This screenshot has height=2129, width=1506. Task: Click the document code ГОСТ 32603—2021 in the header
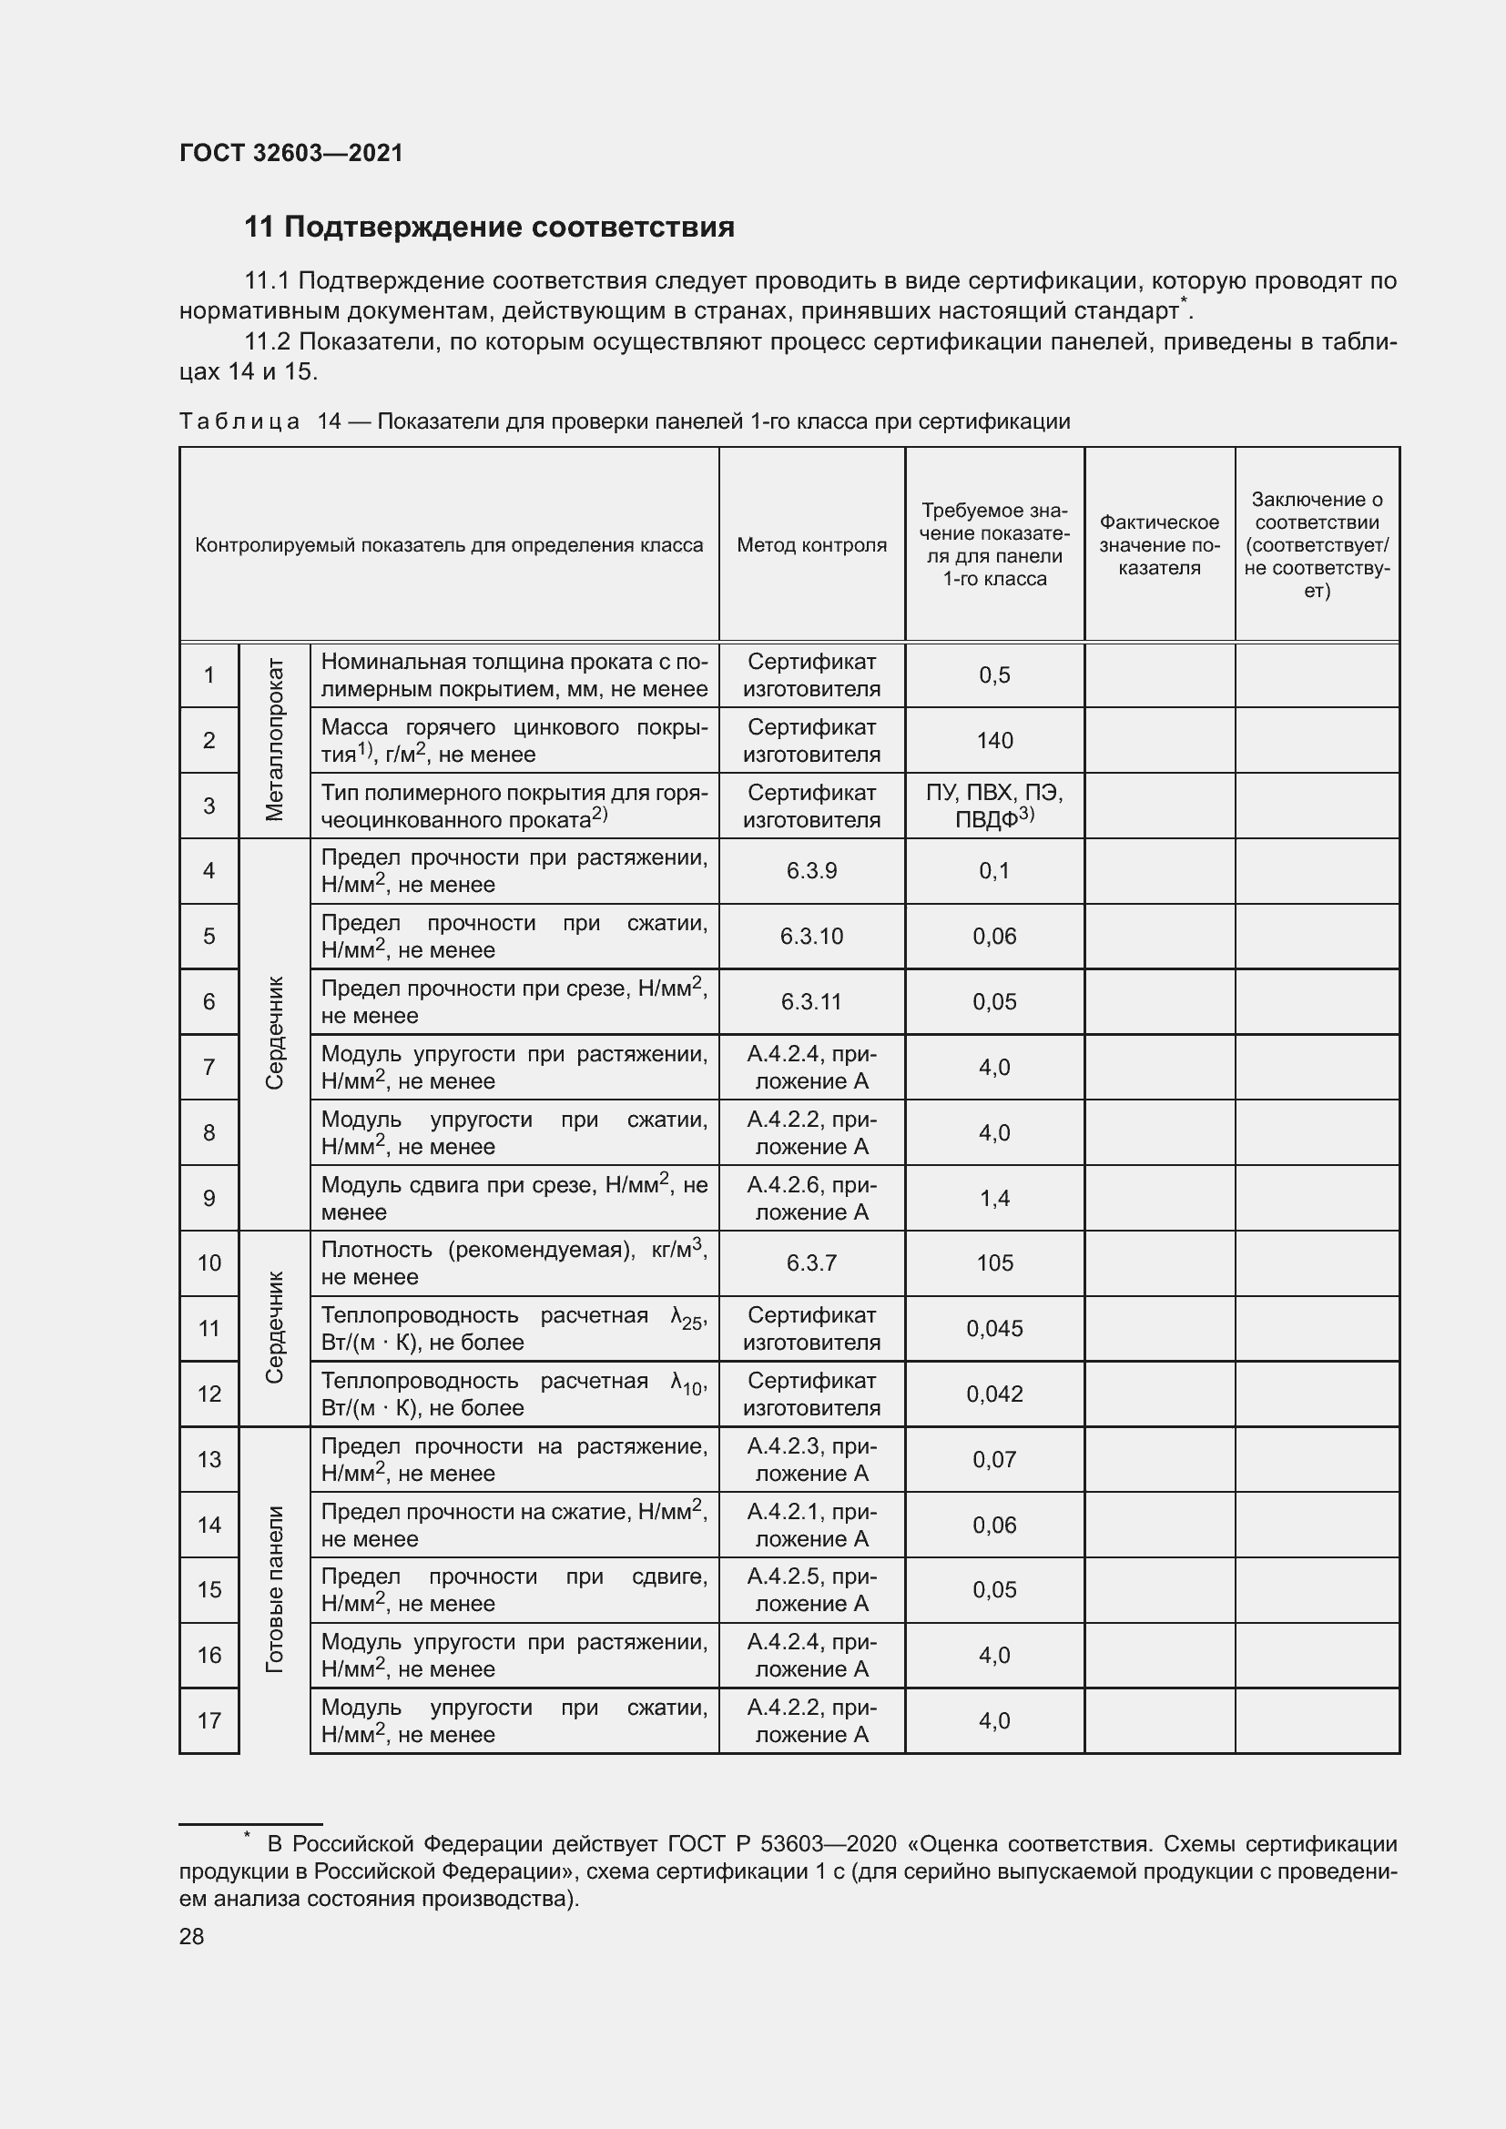pos(291,153)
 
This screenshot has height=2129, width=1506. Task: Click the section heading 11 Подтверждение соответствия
pos(489,228)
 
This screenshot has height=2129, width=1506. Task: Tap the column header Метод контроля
pos(811,545)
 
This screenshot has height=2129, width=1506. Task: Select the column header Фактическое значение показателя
pos(1159,545)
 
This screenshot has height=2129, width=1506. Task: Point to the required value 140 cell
pos(994,740)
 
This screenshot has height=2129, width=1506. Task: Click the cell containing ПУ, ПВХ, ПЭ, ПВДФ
pos(994,806)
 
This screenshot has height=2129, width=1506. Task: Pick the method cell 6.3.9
pos(811,871)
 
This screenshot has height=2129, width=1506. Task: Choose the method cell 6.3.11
pos(811,1001)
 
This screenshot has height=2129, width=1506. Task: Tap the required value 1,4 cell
pos(994,1198)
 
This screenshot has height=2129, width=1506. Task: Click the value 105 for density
pos(994,1263)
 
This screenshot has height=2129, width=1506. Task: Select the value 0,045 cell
pos(994,1329)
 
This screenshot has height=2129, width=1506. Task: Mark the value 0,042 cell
pos(994,1394)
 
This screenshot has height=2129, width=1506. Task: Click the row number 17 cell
pos(209,1721)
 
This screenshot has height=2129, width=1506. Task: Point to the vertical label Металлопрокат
pos(274,740)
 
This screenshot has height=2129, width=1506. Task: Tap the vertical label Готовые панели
pos(274,1589)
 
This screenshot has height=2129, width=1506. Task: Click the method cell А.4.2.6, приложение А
pos(811,1198)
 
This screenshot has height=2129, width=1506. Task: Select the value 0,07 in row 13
pos(994,1459)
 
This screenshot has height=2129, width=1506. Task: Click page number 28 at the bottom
pos(191,1937)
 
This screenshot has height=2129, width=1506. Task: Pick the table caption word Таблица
pos(239,422)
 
